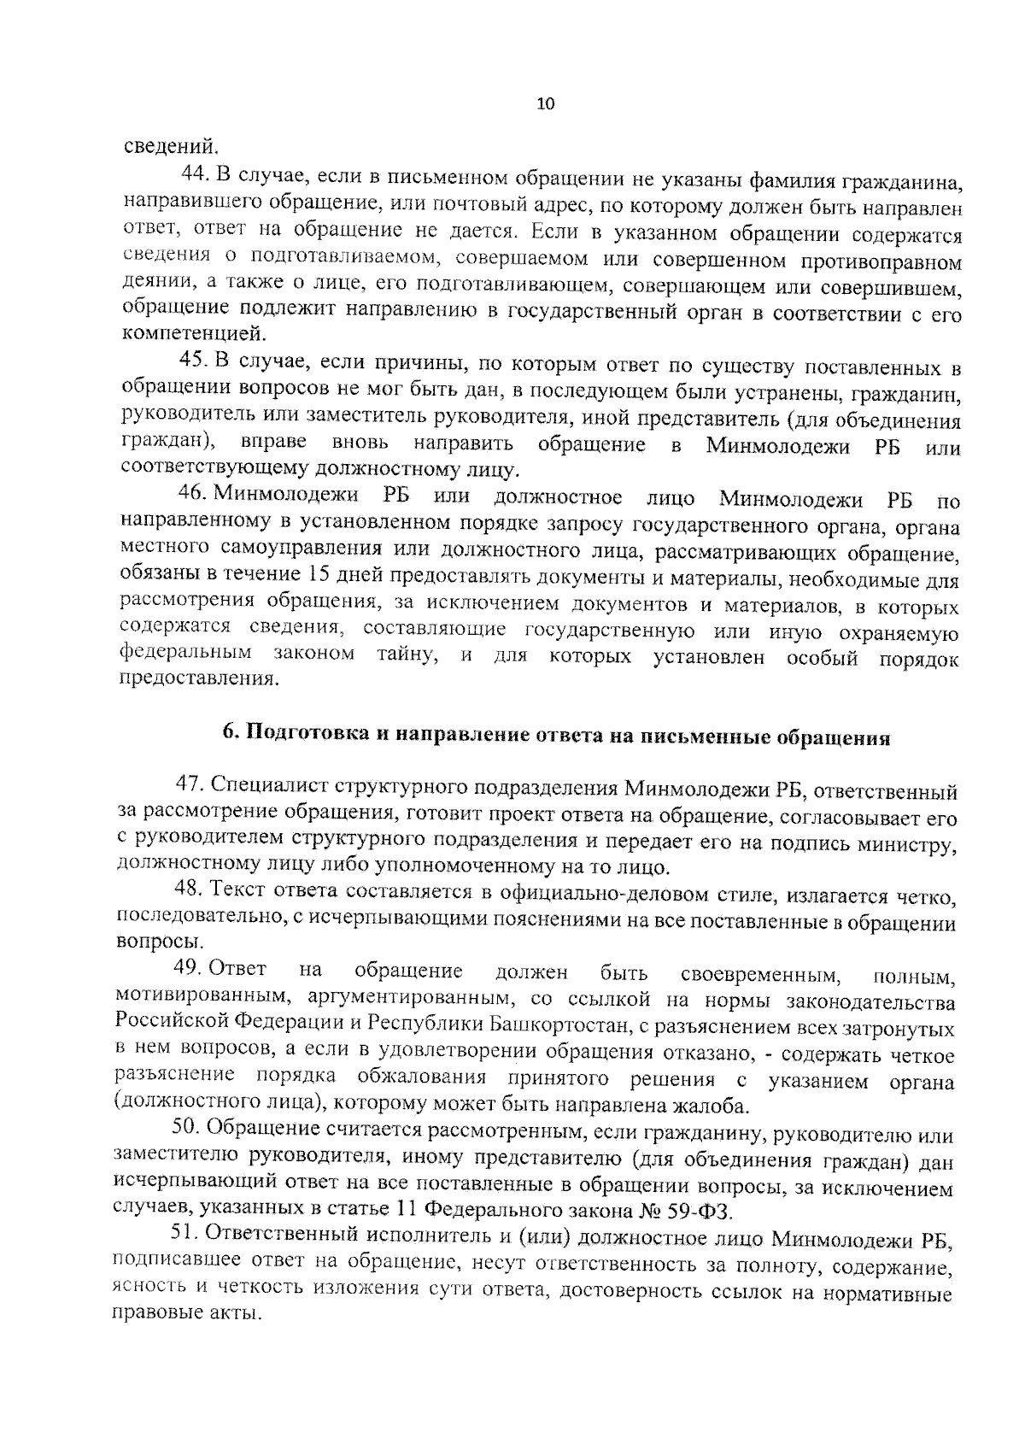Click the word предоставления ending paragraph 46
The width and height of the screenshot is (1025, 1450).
pos(199,680)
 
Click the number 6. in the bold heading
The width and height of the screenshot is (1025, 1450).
pos(230,735)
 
